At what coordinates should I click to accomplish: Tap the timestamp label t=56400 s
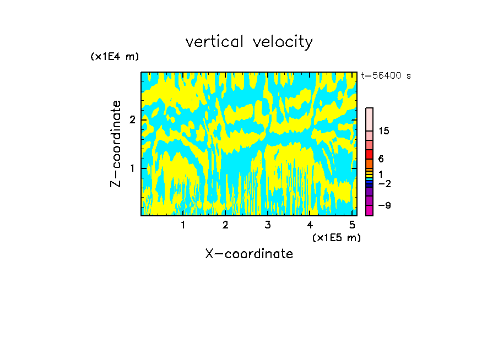coord(386,76)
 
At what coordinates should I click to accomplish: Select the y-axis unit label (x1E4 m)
coord(115,56)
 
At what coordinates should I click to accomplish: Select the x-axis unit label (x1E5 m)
coord(336,237)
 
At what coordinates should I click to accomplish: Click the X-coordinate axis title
coord(249,254)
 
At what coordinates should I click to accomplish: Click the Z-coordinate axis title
coord(116,144)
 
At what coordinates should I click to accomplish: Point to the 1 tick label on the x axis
coord(183,225)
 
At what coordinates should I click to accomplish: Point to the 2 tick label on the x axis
coord(225,225)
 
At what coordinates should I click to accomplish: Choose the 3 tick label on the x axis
coord(268,225)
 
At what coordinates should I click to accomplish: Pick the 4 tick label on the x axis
coord(310,225)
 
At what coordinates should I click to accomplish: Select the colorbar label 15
coord(383,131)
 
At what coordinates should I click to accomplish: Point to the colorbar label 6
coord(381,159)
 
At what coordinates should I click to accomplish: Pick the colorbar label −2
coord(384,184)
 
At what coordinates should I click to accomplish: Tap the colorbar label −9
coord(384,205)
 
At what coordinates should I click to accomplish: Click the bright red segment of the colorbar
coord(369,154)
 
